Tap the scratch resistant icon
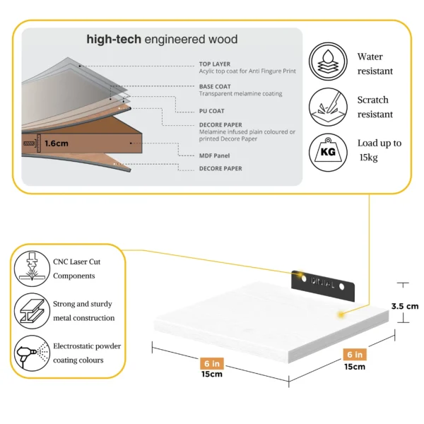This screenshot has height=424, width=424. point(329,107)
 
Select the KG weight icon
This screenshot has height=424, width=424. point(329,151)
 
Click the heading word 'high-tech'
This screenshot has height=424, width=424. point(113,40)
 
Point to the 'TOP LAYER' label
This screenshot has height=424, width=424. point(214,64)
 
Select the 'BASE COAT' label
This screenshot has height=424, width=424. point(214,86)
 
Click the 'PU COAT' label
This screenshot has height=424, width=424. point(211,111)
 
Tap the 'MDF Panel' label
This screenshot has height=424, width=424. point(216,155)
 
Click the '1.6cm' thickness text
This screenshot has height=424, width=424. point(56,143)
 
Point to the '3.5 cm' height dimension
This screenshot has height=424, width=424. point(405,307)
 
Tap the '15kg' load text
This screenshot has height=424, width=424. point(368,158)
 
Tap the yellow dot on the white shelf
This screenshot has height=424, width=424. point(341,313)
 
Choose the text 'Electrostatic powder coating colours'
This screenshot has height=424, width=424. point(87,353)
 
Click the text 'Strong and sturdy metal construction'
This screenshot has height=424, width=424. point(83,311)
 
